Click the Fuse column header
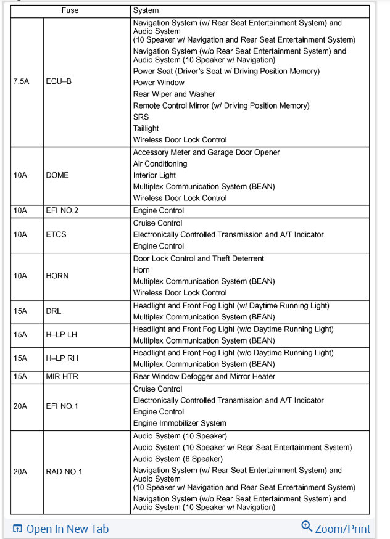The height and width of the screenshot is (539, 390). [70, 10]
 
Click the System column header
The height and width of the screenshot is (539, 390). [146, 10]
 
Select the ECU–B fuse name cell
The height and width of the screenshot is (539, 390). [59, 81]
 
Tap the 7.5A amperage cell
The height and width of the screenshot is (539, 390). [21, 81]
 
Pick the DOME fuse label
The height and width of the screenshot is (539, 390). [57, 175]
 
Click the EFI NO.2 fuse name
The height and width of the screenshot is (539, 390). [62, 211]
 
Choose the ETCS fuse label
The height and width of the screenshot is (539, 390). [56, 234]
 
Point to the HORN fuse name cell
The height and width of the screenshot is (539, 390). [57, 276]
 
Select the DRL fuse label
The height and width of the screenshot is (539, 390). [54, 311]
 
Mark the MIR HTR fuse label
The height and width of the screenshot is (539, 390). [62, 376]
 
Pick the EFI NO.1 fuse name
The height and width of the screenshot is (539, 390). [62, 406]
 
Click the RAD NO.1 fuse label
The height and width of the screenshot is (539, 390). [64, 472]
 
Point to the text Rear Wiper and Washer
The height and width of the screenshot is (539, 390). [174, 94]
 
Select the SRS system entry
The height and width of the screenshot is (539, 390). [141, 117]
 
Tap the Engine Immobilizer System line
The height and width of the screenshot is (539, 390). [180, 423]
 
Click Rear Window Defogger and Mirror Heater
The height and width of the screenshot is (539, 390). [204, 376]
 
